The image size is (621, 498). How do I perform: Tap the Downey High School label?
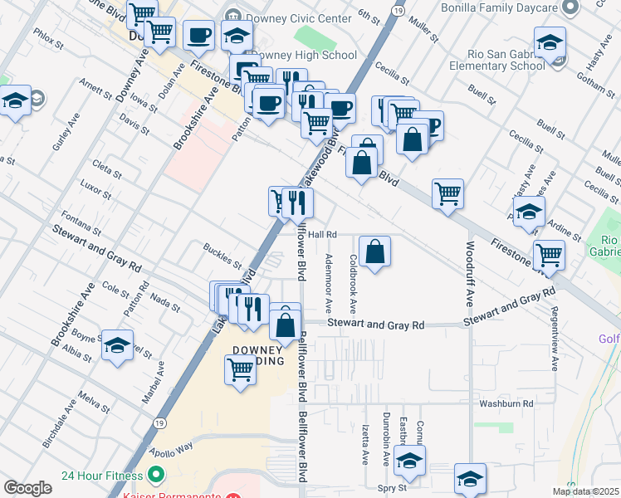pyautogui.click(x=304, y=55)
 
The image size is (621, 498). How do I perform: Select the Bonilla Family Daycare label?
pyautogui.click(x=507, y=7)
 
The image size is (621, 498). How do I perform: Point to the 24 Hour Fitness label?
pyautogui.click(x=103, y=476)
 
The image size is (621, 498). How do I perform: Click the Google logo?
pyautogui.click(x=27, y=488)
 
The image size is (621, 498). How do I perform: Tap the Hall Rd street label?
pyautogui.click(x=321, y=235)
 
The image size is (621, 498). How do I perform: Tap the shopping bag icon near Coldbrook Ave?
pyautogui.click(x=375, y=251)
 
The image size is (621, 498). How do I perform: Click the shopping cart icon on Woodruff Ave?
pyautogui.click(x=448, y=195)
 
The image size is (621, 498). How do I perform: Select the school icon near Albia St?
pyautogui.click(x=118, y=344)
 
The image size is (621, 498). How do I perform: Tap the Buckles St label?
pyautogui.click(x=222, y=251)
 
